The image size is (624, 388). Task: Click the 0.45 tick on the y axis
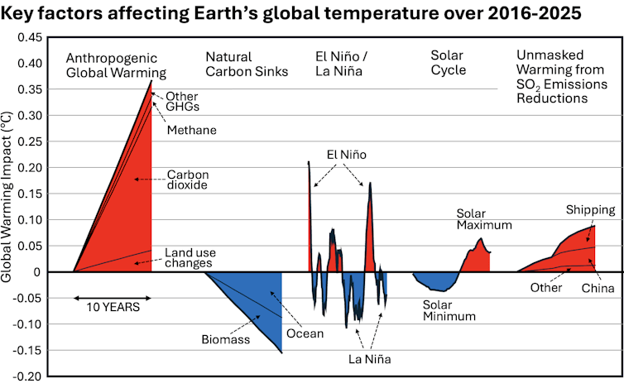pos(30,38)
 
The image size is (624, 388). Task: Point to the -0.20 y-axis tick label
pos(28,376)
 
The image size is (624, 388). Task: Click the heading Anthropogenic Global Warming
pos(116,65)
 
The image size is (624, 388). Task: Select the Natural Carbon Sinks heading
pos(247,65)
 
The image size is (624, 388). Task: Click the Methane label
pos(191,130)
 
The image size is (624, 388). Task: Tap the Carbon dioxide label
pos(188,180)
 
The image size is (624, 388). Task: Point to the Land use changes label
pos(189,257)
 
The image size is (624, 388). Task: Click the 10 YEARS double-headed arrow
pos(112,297)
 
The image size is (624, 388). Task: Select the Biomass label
pos(226,339)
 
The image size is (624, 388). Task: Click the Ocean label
pos(305,334)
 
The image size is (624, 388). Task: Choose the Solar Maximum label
pos(484,218)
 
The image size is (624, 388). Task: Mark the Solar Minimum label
pos(449,309)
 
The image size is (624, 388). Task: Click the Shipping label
pos(590,209)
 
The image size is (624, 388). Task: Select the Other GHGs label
pos(183,101)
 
